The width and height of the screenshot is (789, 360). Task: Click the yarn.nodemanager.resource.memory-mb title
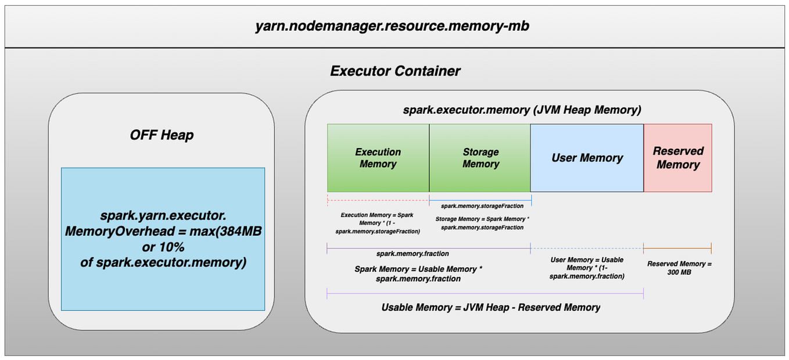click(392, 26)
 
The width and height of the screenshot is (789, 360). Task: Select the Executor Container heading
click(395, 71)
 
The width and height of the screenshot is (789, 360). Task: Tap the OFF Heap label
click(162, 135)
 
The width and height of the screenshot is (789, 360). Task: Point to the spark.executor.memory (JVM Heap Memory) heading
click(522, 110)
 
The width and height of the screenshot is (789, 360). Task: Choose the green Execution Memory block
click(378, 158)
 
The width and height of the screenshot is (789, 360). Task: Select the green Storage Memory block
click(480, 158)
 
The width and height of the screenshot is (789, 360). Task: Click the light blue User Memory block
click(587, 158)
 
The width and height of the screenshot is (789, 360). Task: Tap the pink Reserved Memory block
click(677, 158)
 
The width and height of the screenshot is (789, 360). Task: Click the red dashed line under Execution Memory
click(378, 200)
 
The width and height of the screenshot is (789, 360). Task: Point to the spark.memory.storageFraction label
click(482, 206)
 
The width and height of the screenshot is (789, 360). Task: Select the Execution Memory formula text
click(377, 223)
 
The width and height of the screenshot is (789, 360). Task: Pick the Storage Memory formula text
click(482, 223)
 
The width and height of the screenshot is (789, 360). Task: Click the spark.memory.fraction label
click(412, 254)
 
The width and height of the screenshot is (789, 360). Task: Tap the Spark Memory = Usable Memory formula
click(418, 274)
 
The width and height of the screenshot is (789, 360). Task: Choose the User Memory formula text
click(587, 268)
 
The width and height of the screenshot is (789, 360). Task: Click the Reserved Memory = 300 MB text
click(678, 268)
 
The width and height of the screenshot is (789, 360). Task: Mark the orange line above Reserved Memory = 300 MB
click(677, 249)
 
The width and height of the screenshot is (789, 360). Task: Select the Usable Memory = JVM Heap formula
click(490, 307)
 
